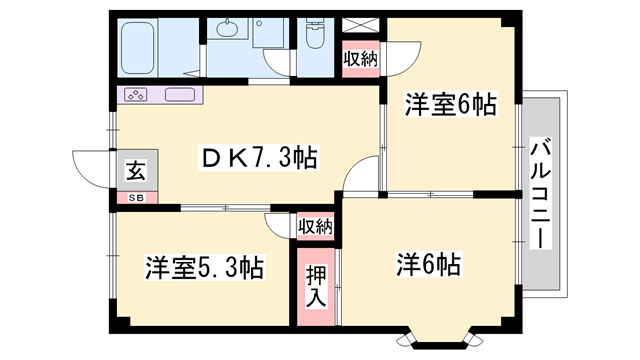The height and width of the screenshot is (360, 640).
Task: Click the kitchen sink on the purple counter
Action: coord(180,96)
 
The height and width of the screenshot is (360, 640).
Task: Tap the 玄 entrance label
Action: coord(133,171)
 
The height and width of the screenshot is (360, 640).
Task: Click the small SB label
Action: coord(133,198)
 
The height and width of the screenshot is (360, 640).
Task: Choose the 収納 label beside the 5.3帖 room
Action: coord(315,226)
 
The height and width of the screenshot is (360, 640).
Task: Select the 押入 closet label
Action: coord(315,285)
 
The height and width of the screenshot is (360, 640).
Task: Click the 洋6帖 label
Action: coord(428,265)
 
